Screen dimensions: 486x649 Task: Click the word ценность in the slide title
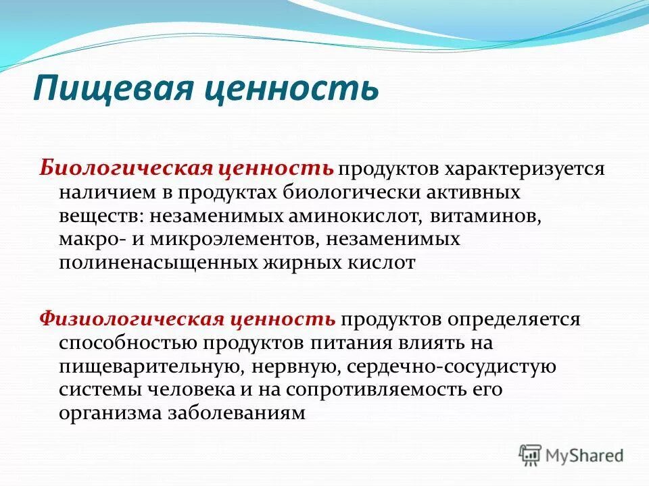click(x=272, y=88)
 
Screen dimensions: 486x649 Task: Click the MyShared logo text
click(x=585, y=456)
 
